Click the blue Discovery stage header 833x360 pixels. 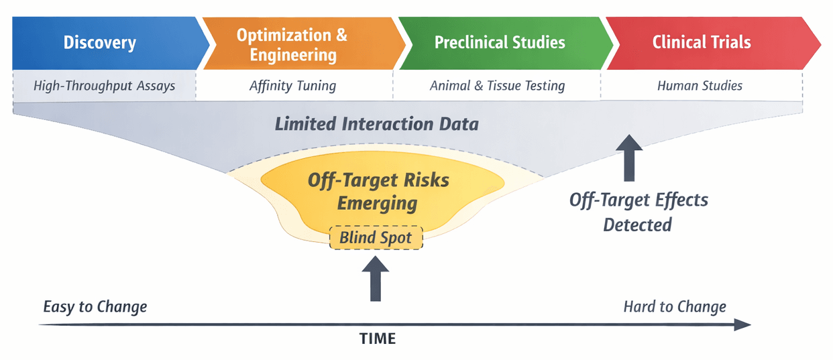(101, 43)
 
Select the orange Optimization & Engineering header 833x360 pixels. (293, 44)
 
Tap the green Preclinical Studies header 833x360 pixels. (500, 43)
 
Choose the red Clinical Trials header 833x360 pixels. (702, 43)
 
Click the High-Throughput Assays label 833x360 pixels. (105, 86)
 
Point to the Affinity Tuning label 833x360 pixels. (292, 86)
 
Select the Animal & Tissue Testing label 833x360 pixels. (497, 86)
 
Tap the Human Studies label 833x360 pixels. (700, 86)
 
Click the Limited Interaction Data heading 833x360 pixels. (376, 124)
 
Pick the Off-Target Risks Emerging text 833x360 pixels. (378, 191)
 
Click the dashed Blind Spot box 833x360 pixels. (376, 237)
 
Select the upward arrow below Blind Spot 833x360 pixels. (376, 280)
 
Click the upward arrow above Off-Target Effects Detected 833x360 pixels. (628, 158)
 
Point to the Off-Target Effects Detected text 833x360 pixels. (638, 212)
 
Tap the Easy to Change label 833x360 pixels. (95, 307)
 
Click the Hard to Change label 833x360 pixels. (675, 307)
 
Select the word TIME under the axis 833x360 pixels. (378, 339)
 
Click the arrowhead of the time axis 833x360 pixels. (743, 324)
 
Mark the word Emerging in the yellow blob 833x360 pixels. (378, 203)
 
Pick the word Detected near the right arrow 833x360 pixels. (637, 225)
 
